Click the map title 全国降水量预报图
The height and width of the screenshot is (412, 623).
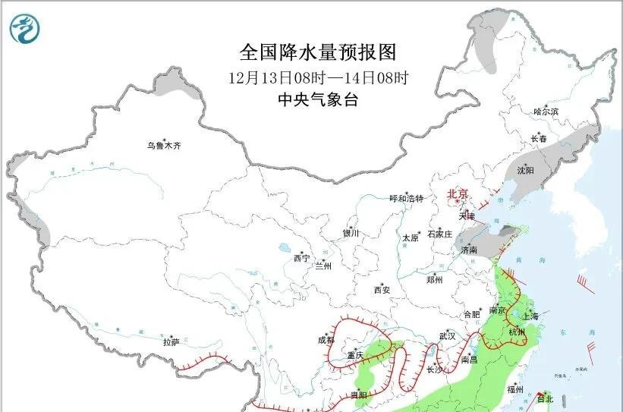[x=318, y=52]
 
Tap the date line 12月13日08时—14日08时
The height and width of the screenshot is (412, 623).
[x=318, y=77]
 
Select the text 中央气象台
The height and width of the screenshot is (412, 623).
[x=318, y=99]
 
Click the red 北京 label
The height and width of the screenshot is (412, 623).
[x=458, y=193]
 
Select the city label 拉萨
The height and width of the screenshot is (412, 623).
[x=171, y=342]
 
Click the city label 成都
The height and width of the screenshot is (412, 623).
[x=326, y=339]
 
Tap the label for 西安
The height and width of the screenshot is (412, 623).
[x=382, y=290]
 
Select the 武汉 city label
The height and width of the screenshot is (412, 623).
[x=447, y=335]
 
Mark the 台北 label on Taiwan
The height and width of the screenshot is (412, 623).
[x=545, y=398]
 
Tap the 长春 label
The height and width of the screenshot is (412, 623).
[x=539, y=139]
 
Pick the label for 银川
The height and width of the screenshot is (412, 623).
[x=351, y=234]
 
